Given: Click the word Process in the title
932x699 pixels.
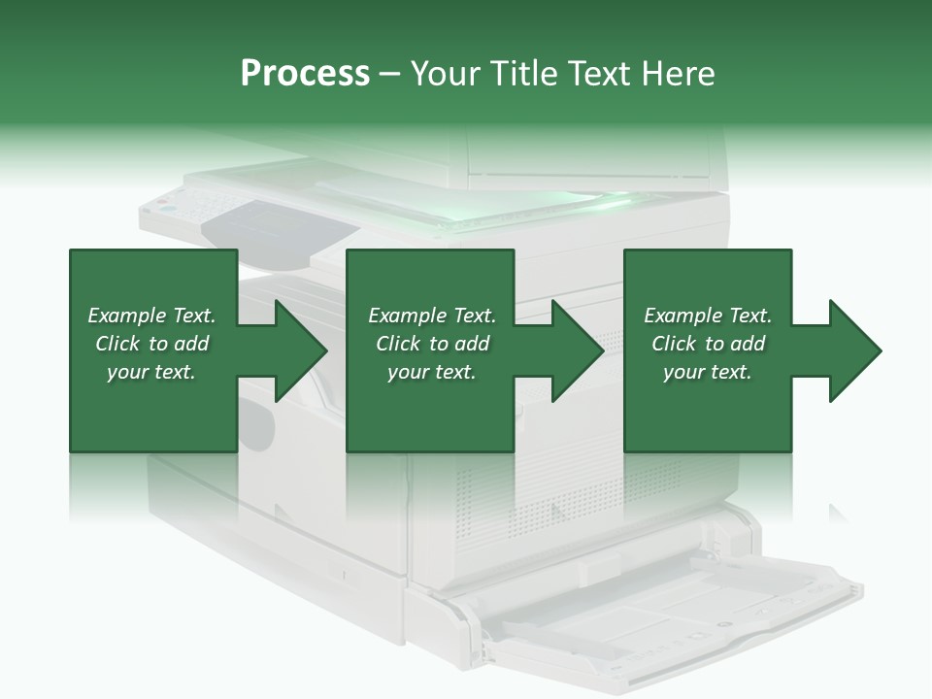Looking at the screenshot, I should click(305, 74).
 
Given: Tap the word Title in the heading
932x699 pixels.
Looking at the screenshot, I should click(524, 74).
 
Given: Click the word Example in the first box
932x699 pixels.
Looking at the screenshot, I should click(126, 316).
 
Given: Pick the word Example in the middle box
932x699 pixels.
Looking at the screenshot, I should click(407, 316).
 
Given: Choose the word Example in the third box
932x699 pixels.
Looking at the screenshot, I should click(682, 316).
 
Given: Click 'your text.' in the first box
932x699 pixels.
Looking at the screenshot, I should click(151, 372).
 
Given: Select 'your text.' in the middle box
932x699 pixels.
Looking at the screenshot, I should click(432, 372).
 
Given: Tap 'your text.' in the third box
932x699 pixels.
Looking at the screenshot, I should click(708, 372).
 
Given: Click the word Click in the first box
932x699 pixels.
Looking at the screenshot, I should click(117, 344).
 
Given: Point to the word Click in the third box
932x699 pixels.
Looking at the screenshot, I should click(674, 344).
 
